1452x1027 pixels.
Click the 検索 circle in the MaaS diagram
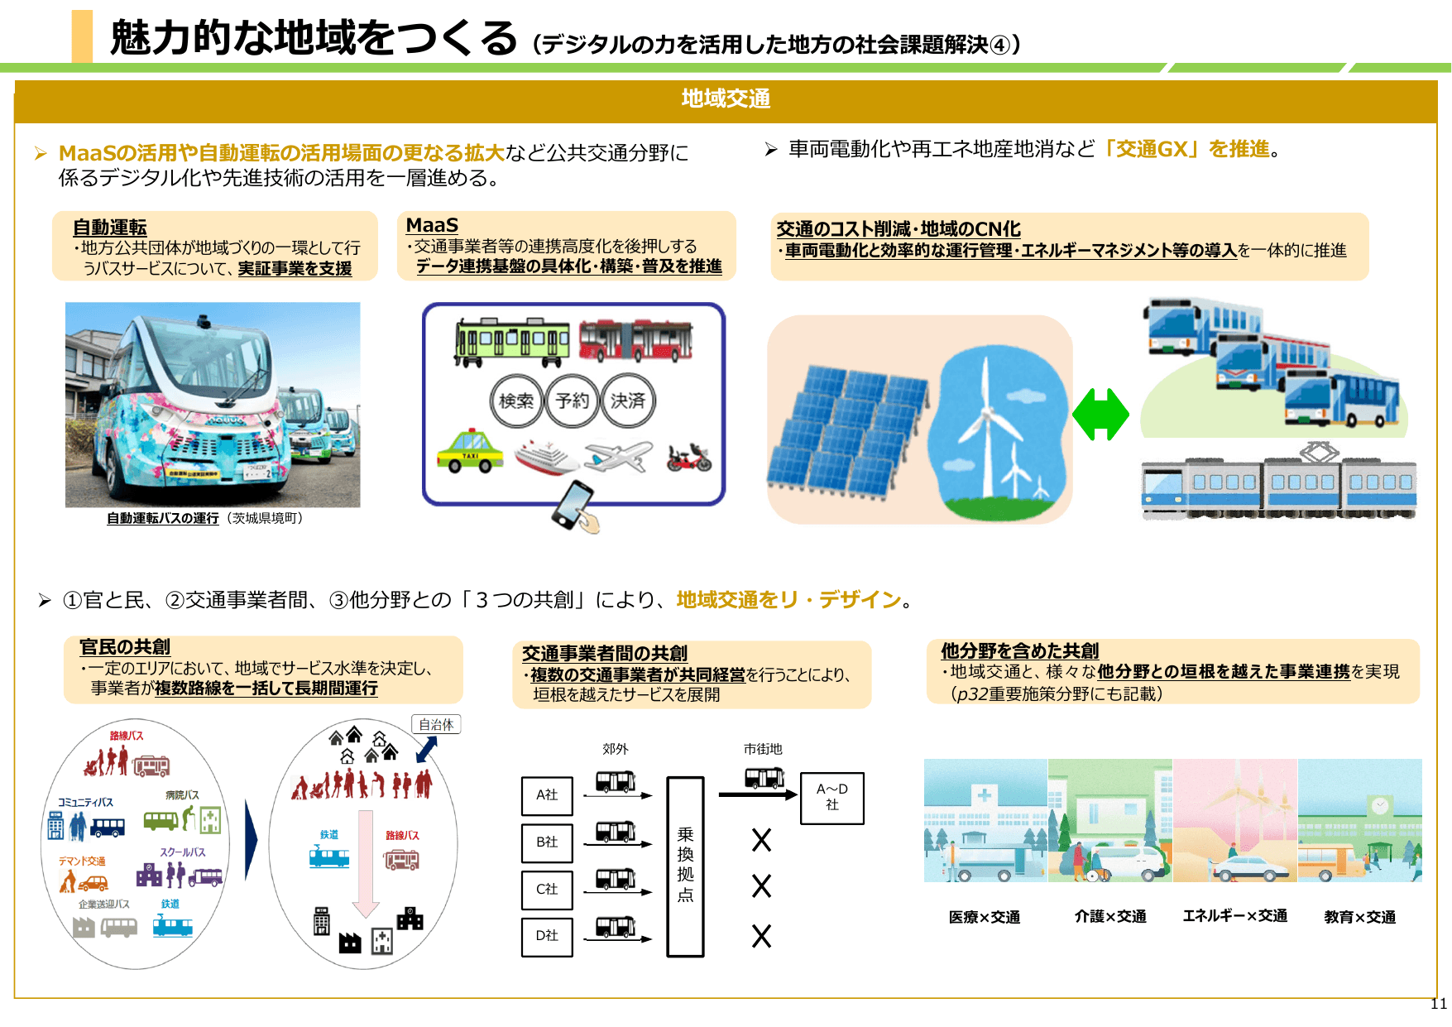point(516,401)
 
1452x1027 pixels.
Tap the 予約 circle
point(573,401)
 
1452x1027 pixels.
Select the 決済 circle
point(628,401)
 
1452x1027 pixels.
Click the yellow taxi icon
point(470,452)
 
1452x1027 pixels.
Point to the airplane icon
point(618,456)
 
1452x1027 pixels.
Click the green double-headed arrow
point(1100,415)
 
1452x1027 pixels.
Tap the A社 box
point(547,795)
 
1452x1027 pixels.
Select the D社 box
point(547,936)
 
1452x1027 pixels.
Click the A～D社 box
point(831,798)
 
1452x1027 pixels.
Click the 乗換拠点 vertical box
point(685,866)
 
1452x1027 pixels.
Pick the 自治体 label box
point(436,725)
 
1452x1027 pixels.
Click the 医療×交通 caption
point(984,917)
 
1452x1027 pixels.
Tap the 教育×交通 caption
point(1359,917)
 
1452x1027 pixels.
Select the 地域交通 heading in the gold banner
point(726,99)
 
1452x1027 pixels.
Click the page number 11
point(1439,1004)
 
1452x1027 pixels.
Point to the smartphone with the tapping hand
point(576,506)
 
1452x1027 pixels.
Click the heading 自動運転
point(109,228)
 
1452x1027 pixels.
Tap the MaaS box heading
point(432,225)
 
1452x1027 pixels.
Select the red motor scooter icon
point(689,457)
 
